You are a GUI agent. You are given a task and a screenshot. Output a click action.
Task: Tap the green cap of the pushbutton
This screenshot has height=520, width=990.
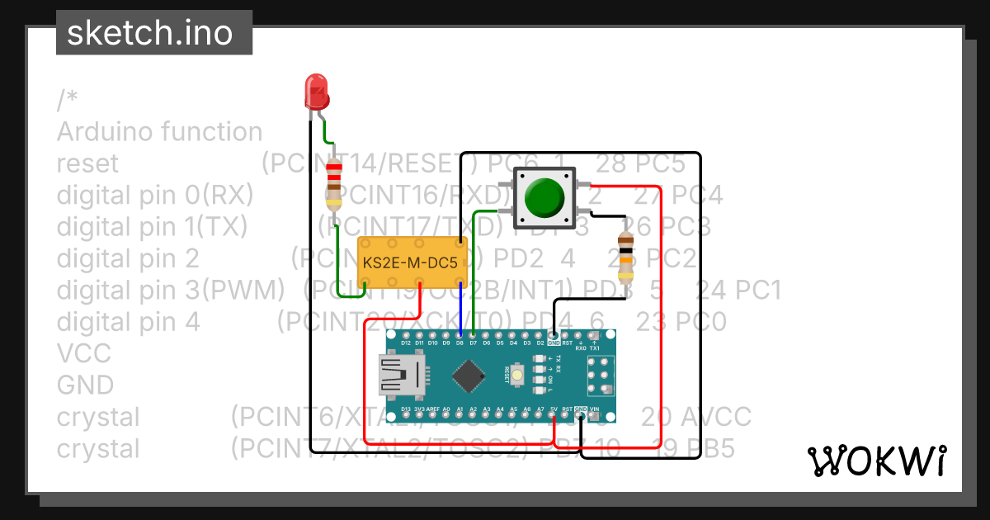point(544,196)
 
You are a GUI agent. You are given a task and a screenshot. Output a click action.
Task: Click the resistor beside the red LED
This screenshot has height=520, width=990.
point(333,185)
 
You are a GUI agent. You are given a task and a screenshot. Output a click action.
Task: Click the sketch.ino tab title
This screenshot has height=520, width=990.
point(148,33)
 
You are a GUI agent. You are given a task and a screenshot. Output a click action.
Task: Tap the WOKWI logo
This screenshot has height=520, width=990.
point(876,461)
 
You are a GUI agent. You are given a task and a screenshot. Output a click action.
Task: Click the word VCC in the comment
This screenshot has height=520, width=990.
point(83,353)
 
